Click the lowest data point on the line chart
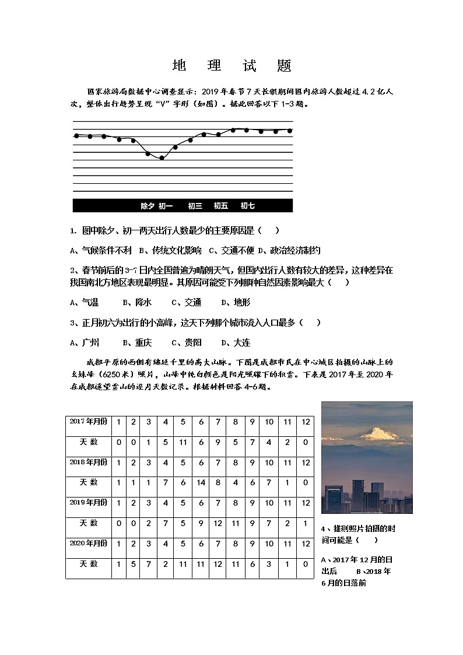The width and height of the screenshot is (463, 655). tap(162, 158)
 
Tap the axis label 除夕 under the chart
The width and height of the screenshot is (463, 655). tap(148, 206)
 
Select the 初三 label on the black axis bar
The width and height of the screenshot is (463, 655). tap(195, 206)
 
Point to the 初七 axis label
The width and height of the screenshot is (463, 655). tap(247, 206)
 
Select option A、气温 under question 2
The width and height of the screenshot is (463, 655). tap(84, 302)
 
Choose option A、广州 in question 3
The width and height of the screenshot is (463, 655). tap(84, 342)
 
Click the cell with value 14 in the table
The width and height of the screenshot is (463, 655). tap(201, 483)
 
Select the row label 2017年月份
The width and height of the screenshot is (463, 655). tap(88, 421)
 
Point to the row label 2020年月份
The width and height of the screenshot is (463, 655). tap(88, 544)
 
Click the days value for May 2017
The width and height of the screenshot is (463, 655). tap(183, 442)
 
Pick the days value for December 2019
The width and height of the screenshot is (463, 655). tap(306, 523)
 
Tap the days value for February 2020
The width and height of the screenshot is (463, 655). tap(134, 564)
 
